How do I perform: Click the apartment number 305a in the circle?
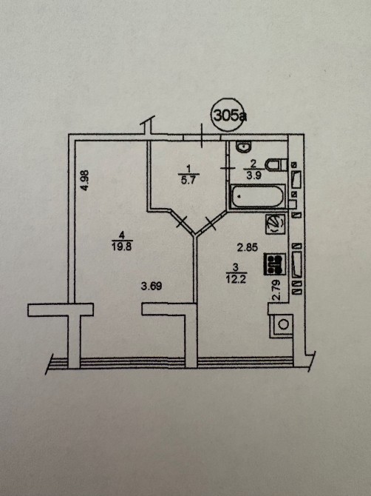[230, 115]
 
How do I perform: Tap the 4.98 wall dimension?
[84, 181]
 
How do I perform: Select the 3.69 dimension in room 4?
[152, 286]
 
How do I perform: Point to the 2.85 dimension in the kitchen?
[248, 247]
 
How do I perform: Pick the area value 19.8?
[122, 246]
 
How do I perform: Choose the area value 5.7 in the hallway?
[189, 181]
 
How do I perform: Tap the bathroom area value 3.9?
[253, 175]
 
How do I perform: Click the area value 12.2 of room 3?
[236, 279]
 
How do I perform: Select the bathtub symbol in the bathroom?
[258, 196]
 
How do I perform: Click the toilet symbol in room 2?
[276, 164]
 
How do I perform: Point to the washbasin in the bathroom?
[244, 147]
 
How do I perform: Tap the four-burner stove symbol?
[275, 264]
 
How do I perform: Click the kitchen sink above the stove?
[276, 224]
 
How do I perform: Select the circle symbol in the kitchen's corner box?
[283, 324]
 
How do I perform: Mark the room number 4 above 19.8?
[122, 235]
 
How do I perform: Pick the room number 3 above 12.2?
[236, 268]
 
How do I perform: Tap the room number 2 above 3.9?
[253, 164]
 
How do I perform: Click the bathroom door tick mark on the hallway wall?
[228, 168]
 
